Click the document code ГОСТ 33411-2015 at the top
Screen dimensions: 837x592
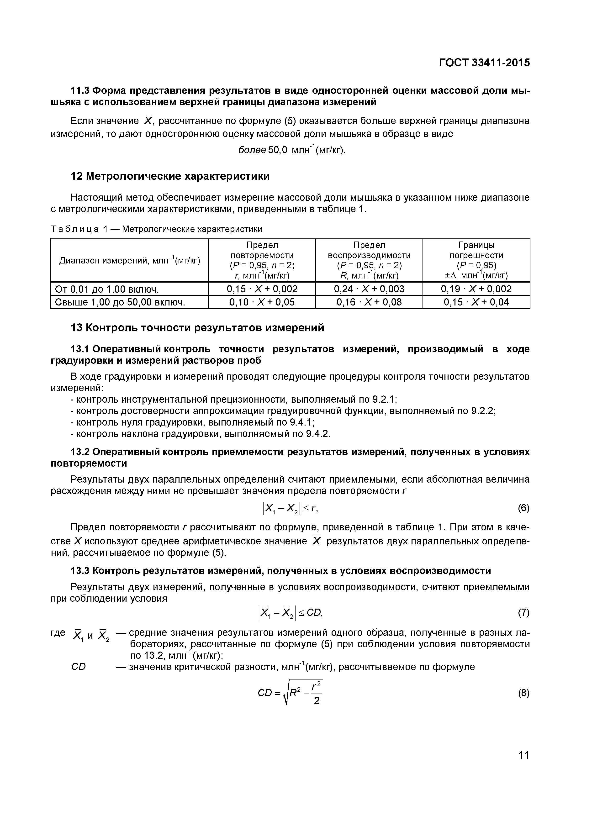click(x=484, y=63)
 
